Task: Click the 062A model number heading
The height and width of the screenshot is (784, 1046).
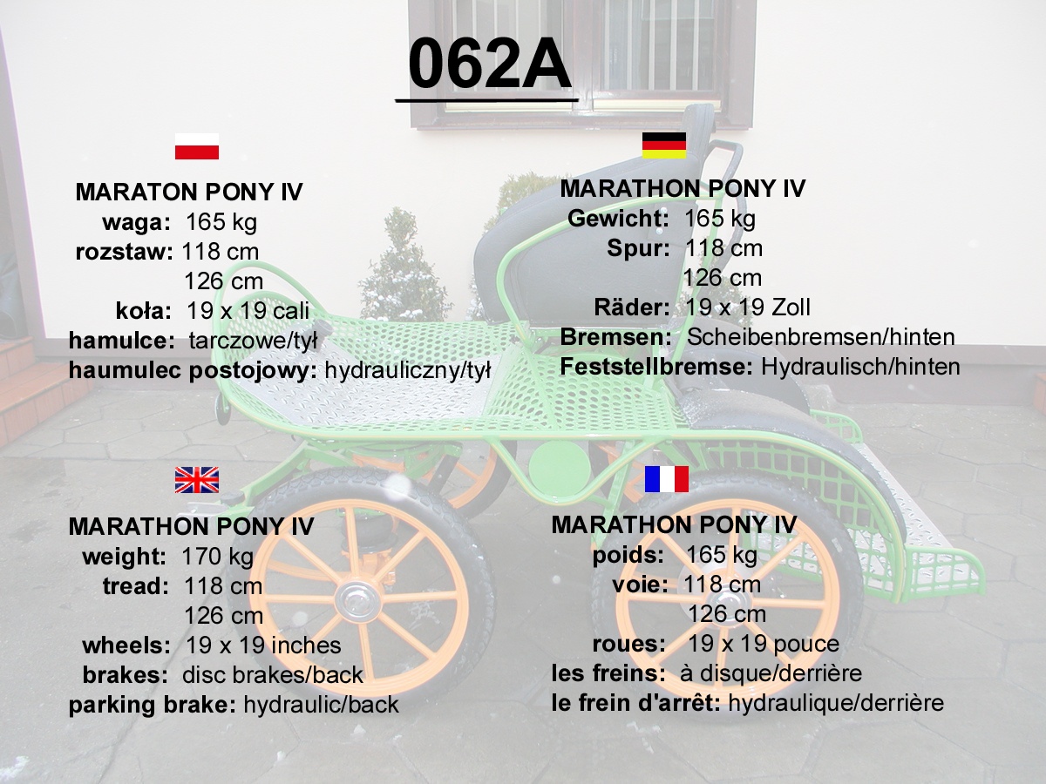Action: [489, 64]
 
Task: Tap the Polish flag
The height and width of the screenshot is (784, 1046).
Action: [197, 146]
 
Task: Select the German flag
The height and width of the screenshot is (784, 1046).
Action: [664, 145]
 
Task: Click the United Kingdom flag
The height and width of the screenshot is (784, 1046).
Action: [197, 480]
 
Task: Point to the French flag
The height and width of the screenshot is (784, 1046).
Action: [666, 479]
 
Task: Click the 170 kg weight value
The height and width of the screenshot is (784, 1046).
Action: [217, 557]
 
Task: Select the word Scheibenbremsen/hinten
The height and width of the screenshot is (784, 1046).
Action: [821, 337]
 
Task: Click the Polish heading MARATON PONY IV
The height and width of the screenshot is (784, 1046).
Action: [189, 192]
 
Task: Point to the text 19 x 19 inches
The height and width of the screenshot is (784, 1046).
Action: [263, 645]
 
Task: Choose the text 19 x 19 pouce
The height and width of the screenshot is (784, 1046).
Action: [764, 644]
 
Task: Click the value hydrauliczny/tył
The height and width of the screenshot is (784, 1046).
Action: [407, 370]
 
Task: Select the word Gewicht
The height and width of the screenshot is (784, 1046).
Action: [619, 219]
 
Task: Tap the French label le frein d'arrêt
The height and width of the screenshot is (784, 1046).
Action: [636, 703]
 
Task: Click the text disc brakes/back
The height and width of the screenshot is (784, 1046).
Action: [273, 675]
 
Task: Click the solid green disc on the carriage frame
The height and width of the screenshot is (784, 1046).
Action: [560, 464]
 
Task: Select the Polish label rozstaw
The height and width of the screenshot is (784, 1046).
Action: [124, 252]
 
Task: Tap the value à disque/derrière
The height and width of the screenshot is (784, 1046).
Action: [771, 673]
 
